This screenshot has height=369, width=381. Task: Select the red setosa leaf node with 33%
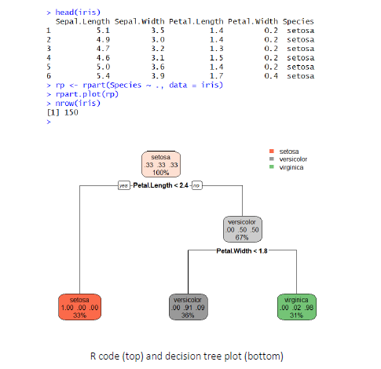[x=80, y=307]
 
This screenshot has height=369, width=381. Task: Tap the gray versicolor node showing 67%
[x=242, y=228]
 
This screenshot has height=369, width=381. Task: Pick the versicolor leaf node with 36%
[x=189, y=307]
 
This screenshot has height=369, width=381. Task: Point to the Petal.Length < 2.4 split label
[x=161, y=186]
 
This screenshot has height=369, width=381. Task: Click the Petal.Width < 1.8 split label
[x=242, y=250]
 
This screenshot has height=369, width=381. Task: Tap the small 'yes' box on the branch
[x=123, y=186]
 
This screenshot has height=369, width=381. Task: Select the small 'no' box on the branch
[x=197, y=186]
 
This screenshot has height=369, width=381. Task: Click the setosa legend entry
[x=291, y=151]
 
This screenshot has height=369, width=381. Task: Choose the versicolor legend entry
[x=294, y=159]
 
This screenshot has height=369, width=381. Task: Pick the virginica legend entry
[x=292, y=168]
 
